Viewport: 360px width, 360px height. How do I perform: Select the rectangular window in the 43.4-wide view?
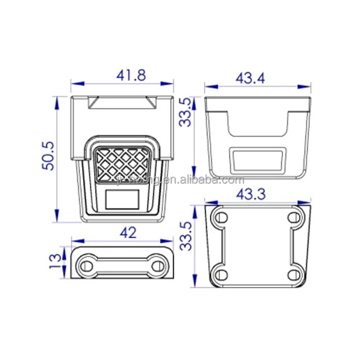pyautogui.click(x=257, y=160)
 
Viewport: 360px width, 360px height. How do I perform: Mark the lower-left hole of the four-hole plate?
pyautogui.click(x=221, y=274)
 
